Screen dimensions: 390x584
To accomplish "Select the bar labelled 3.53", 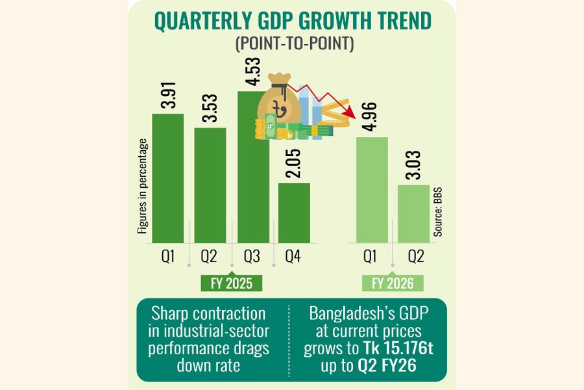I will coord(210,185).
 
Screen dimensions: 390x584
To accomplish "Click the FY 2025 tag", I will coord(232,283).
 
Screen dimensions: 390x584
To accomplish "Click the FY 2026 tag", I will coord(392,283).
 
